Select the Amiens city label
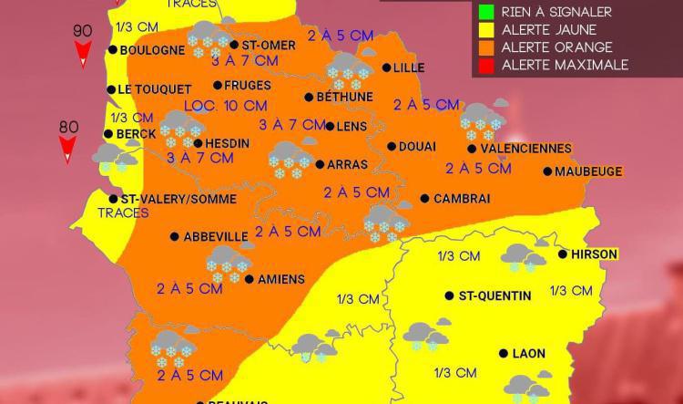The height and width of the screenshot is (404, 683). [280, 279]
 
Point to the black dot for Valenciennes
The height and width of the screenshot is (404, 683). [472, 149]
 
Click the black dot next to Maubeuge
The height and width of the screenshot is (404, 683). [548, 171]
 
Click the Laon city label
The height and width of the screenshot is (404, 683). [529, 354]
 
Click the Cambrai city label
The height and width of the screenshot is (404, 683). [462, 199]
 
